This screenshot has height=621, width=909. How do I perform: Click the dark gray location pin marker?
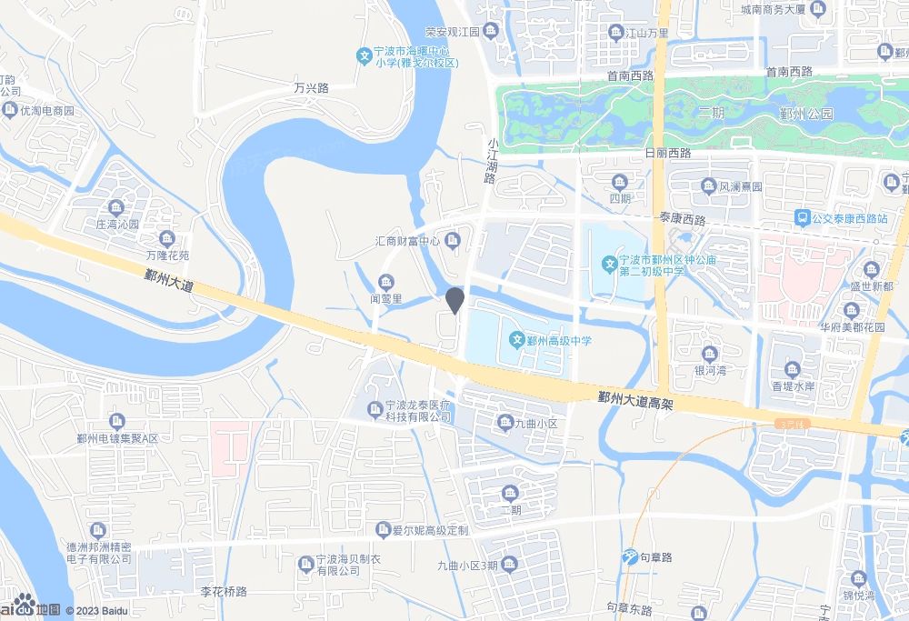pyautogui.click(x=456, y=300)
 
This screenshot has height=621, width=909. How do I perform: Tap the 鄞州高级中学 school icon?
pyautogui.click(x=516, y=341)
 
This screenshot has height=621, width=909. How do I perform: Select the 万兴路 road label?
pyautogui.click(x=311, y=89)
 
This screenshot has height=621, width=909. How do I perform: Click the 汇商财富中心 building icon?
pyautogui.click(x=454, y=241)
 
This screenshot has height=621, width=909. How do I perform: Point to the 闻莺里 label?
pyautogui.click(x=385, y=298)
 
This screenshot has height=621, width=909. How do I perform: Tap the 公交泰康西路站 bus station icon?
pyautogui.click(x=802, y=218)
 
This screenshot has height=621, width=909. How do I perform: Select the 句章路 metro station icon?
pyautogui.click(x=629, y=556)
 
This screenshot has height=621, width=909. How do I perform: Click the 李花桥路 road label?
pyautogui.click(x=224, y=592)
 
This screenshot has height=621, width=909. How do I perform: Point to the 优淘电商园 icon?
pyautogui.click(x=10, y=111)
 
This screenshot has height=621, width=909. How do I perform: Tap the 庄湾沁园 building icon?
pyautogui.click(x=115, y=207)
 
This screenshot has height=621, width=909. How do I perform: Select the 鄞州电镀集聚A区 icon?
pyautogui.click(x=117, y=422)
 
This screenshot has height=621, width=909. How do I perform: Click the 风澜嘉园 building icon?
pyautogui.click(x=708, y=186)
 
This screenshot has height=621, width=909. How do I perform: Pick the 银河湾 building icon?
pyautogui.click(x=709, y=354)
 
